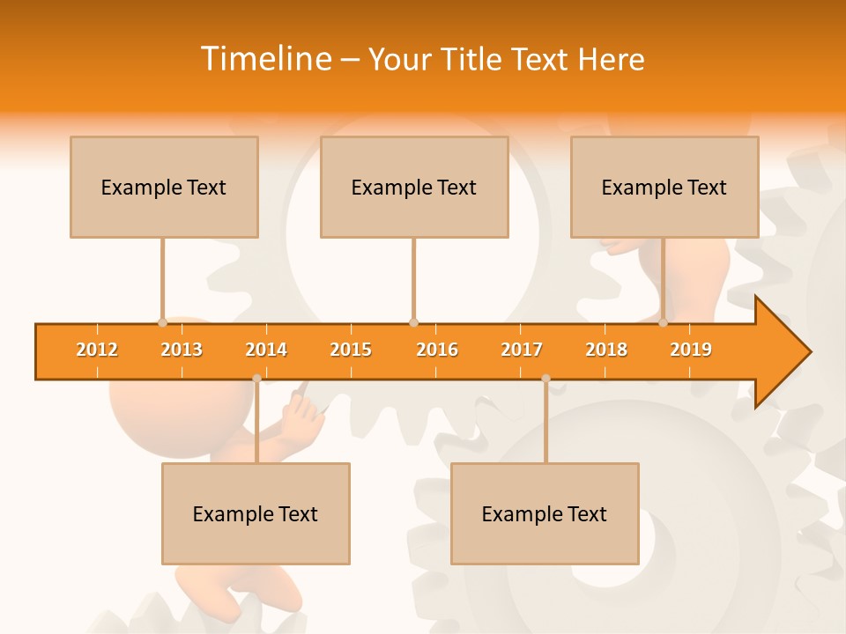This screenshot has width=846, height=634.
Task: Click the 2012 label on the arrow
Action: (x=97, y=350)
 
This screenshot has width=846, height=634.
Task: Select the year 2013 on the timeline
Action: (x=182, y=350)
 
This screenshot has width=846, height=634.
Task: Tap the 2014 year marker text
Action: (x=266, y=350)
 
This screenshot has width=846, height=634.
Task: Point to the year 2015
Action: (x=351, y=350)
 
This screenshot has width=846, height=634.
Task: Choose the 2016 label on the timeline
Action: (x=437, y=350)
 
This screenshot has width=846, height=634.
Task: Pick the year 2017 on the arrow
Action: (x=522, y=350)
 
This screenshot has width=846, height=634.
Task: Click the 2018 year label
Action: (x=606, y=350)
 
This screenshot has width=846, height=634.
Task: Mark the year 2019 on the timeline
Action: (x=691, y=350)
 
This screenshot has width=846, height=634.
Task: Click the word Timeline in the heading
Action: (x=265, y=59)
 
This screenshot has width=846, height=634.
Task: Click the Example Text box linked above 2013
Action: (x=164, y=187)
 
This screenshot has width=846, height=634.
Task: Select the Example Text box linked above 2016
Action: (x=414, y=187)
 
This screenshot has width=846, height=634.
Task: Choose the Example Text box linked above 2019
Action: (x=664, y=187)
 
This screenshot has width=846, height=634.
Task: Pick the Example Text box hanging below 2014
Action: (x=256, y=513)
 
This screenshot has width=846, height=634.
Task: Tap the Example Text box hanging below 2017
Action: (x=545, y=513)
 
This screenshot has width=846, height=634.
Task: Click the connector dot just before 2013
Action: (x=162, y=323)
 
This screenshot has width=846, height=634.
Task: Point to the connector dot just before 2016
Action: (x=413, y=323)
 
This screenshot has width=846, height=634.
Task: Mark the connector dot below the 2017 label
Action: (x=545, y=379)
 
